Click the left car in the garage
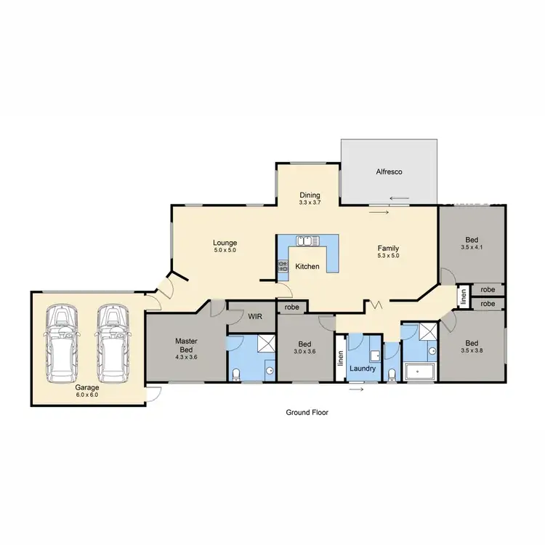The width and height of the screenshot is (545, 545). point(63,343)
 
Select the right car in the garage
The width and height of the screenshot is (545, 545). point(111,343)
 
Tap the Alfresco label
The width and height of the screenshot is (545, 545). point(389,172)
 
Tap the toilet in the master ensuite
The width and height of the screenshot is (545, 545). point(236,374)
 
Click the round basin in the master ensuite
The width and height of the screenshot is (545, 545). point(269,370)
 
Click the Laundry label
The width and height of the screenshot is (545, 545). point(362,368)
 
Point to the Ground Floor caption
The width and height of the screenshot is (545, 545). point(306,412)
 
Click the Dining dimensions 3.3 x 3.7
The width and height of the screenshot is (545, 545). point(309,203)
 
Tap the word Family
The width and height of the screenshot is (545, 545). point(388,248)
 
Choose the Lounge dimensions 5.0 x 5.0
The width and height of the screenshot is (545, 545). point(225,250)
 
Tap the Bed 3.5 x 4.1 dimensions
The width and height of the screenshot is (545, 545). point(472,247)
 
